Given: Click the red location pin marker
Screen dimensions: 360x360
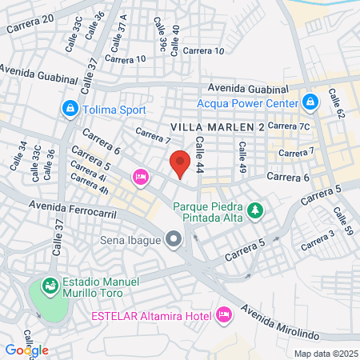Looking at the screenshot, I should coord(181,162).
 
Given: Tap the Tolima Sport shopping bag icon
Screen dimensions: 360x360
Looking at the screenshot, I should coord(71,107).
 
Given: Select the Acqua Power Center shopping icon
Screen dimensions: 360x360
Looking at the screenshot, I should coord(310,102).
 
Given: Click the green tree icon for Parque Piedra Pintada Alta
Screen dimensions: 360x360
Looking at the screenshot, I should coord(255,210).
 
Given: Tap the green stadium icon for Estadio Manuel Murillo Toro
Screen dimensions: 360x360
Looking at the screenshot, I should coord(50,284).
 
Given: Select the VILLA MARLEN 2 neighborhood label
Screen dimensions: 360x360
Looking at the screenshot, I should coord(218,128).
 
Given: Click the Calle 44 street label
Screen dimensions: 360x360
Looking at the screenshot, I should coord(198,151).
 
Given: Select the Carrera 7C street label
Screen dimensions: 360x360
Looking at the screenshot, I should coord(288,126).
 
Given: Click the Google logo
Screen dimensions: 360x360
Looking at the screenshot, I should coord(26,350).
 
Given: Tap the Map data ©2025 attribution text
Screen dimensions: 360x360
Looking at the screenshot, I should coord(324,354).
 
